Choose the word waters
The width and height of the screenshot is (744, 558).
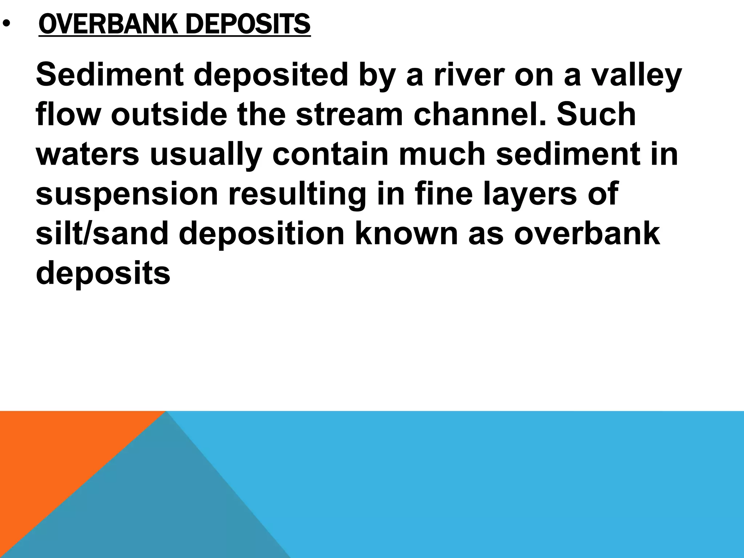88,154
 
